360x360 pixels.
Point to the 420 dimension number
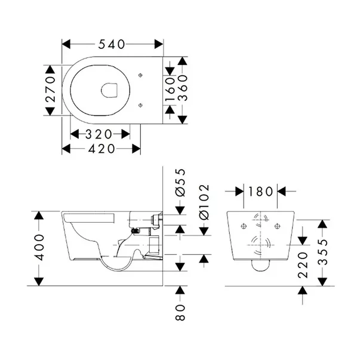[98, 149]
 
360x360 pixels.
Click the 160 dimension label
[170, 89]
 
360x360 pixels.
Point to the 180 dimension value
[261, 191]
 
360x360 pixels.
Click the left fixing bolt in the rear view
[244, 226]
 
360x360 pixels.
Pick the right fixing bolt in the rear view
[278, 226]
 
